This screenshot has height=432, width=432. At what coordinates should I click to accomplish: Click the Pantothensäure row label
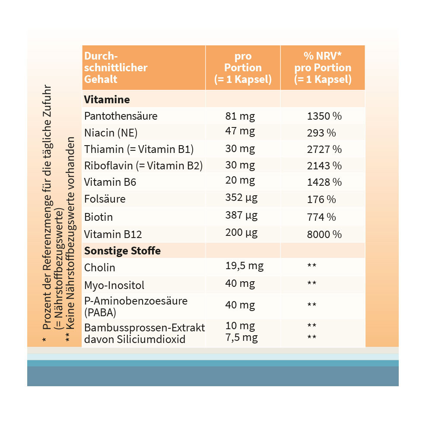tap(121, 116)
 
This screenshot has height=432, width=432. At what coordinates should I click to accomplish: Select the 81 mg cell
tap(240, 116)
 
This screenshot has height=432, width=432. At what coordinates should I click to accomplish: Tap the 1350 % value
tap(324, 116)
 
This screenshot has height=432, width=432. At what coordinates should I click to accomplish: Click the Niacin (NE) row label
tap(111, 133)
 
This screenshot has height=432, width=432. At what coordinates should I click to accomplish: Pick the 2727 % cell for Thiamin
tap(324, 149)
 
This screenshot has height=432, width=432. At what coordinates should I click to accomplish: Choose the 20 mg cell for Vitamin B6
tap(240, 181)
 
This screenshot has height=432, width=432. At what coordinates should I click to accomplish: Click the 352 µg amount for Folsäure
tap(241, 198)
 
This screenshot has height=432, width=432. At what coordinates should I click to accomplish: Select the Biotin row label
tap(98, 216)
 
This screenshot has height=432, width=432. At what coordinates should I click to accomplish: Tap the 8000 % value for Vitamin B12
tap(324, 234)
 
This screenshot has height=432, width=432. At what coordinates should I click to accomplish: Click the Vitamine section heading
tap(107, 99)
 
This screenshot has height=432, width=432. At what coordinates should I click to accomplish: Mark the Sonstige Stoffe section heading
tap(122, 251)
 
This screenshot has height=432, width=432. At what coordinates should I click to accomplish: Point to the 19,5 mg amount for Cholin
tap(244, 266)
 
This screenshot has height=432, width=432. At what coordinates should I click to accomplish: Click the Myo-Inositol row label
tap(114, 285)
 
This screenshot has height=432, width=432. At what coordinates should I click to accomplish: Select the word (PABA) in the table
tap(100, 312)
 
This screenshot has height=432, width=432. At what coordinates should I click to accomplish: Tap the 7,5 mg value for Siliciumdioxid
tap(241, 337)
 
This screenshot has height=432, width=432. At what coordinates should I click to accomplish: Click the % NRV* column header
tap(323, 56)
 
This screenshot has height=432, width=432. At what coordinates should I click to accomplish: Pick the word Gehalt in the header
tap(101, 79)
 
